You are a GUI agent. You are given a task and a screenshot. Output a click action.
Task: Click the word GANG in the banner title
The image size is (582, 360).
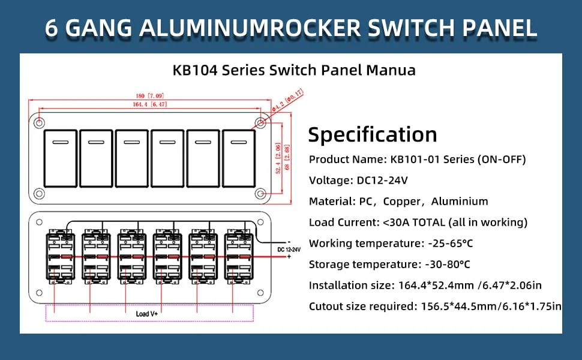click(x=100, y=28)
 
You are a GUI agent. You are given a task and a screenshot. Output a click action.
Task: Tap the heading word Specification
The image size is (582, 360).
click(x=373, y=135)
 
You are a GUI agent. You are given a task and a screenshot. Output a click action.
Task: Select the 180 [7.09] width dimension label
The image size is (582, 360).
click(x=150, y=96)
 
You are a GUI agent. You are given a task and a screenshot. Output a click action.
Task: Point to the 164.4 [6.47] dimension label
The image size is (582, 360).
click(x=150, y=104)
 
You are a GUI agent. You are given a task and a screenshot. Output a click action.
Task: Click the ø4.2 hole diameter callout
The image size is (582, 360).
click(x=287, y=100)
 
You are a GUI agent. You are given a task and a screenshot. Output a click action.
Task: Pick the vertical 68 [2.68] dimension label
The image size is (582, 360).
click(x=287, y=157)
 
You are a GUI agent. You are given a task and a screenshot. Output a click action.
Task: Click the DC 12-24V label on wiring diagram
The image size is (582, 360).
click(x=289, y=250)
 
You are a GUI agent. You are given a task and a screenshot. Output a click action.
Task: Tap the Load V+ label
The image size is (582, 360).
click(x=146, y=314)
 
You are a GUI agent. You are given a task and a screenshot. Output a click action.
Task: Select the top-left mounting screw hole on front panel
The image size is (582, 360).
click(x=40, y=123)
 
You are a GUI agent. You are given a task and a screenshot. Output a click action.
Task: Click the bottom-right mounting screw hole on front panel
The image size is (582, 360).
click(x=260, y=193)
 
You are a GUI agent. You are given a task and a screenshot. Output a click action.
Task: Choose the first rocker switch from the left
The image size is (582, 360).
click(x=61, y=158)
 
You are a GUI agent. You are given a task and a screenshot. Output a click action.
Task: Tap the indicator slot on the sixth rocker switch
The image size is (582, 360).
click(x=239, y=142)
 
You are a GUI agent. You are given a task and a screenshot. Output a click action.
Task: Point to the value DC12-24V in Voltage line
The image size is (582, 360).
click(x=382, y=181)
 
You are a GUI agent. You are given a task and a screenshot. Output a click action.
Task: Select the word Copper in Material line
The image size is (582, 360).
click(x=401, y=202)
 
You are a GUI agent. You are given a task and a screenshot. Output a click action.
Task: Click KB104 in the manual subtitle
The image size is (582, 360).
click(x=195, y=70)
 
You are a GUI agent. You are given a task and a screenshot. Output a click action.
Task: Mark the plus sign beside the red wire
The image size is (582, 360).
click(x=289, y=256)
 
